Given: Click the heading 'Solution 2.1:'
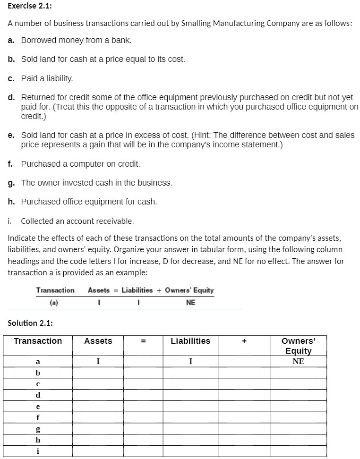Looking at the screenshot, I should click(x=30, y=323).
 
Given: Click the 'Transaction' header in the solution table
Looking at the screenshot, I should click(x=38, y=341).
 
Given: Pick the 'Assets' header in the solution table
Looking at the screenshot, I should click(x=98, y=341).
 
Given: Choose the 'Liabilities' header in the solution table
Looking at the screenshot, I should click(x=190, y=341).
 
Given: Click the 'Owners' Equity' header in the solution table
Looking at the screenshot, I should click(x=298, y=346).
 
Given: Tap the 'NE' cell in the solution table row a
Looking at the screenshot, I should click(x=298, y=361).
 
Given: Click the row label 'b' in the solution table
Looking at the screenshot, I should click(x=38, y=373).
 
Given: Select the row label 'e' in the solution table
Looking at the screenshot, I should click(x=38, y=406).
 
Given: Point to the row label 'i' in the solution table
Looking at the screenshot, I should click(x=38, y=451).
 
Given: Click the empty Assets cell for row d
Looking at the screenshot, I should click(x=98, y=395).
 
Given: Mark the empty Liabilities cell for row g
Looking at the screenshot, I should click(x=190, y=428).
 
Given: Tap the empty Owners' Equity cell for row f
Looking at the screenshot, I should click(x=298, y=417).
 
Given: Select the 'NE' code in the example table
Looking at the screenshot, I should click(x=190, y=302).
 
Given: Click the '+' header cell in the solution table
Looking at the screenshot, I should click(x=244, y=341).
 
